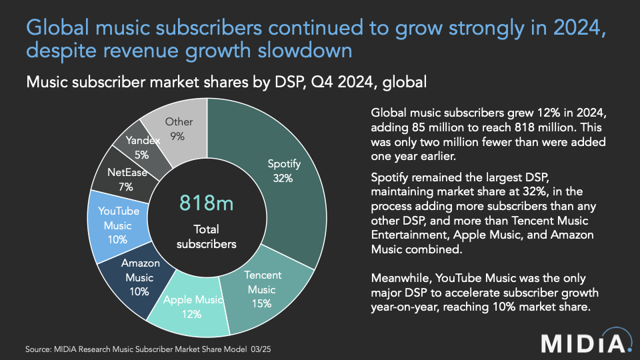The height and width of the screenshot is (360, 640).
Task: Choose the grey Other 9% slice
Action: click(x=179, y=129)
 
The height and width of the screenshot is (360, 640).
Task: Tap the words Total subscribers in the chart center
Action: click(x=207, y=236)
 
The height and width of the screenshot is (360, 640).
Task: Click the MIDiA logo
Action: click(x=584, y=342)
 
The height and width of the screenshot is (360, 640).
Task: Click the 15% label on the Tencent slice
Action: click(x=262, y=304)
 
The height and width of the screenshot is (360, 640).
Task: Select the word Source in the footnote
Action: click(x=39, y=349)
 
